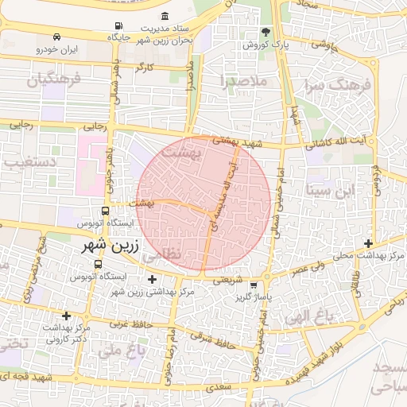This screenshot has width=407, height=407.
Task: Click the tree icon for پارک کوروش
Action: (266, 33)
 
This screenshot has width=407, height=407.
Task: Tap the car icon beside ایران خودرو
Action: (56, 37)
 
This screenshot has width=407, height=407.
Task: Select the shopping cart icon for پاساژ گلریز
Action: (253, 285)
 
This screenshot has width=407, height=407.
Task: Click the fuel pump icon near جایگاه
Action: (118, 25)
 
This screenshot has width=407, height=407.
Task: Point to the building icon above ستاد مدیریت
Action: (165, 17)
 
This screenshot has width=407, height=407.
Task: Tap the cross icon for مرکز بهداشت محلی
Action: (367, 243)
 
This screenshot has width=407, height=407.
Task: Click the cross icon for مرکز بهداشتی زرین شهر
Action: (152, 279)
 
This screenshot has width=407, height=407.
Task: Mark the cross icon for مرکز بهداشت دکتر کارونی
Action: (67, 316)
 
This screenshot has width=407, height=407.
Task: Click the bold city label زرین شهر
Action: (110, 246)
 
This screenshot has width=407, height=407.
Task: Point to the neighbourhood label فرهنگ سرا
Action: (328, 84)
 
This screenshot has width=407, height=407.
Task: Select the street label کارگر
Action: (144, 68)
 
